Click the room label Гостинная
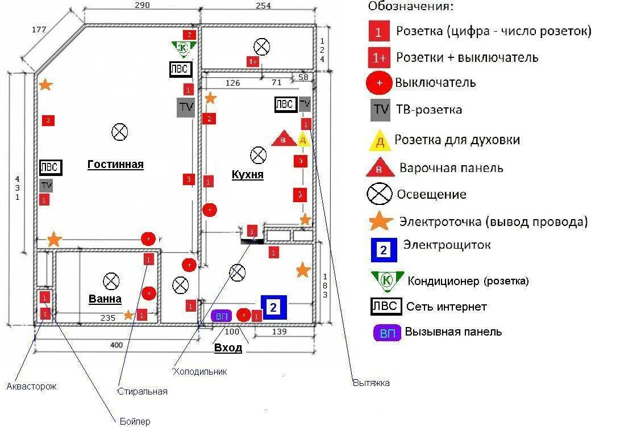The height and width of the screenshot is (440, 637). click(115, 165)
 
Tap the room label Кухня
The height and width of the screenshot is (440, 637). click(247, 174)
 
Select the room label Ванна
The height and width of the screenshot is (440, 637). click(105, 299)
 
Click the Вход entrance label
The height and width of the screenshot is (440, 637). click(228, 347)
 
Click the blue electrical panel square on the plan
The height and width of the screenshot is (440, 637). click(273, 307)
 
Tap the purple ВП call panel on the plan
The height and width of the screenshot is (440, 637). click(221, 316)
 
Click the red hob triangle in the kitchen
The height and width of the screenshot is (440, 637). click(284, 139)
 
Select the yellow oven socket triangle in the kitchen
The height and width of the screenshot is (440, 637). click(303, 139)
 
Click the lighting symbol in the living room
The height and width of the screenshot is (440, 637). click(119, 132)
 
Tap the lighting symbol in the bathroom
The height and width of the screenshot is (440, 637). click(111, 280)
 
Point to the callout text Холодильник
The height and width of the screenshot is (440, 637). click(200, 371)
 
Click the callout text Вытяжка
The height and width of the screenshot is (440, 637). click(371, 383)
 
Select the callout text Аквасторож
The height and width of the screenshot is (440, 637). click(32, 387)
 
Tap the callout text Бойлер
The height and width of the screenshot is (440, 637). click(135, 421)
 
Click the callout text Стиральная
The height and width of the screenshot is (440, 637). click(142, 391)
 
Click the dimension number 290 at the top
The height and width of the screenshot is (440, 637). click(142, 6)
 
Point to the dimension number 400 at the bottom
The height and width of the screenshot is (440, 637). click(116, 345)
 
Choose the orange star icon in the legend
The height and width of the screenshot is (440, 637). click(380, 221)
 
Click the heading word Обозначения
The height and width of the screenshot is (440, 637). click(411, 7)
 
